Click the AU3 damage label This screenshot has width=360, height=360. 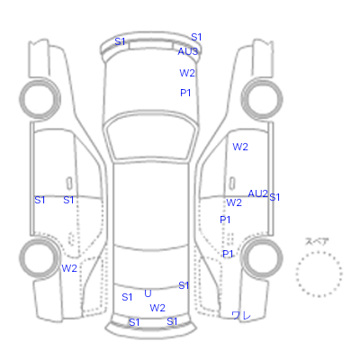tap(188, 51)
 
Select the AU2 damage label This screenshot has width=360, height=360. tap(257, 193)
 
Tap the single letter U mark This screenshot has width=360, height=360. tap(148, 293)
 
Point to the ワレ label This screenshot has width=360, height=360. tap(241, 315)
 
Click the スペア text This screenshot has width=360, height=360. tap(317, 242)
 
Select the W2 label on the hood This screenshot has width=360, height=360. tap(187, 73)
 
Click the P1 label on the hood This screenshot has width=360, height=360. tap(185, 93)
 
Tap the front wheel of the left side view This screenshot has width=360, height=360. tap(40, 99)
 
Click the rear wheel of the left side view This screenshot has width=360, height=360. tap(40, 257)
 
